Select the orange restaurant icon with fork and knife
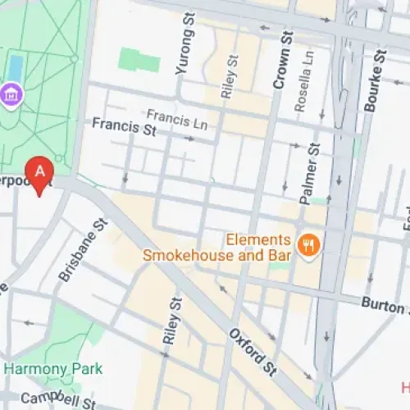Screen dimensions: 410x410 309,245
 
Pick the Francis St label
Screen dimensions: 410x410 124,126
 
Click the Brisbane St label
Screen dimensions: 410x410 83,251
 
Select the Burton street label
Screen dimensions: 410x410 384,304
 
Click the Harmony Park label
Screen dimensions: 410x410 54,369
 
